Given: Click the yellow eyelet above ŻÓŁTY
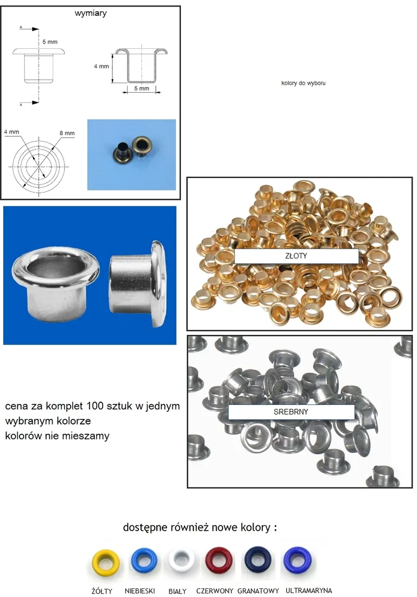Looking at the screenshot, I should pos(106,562).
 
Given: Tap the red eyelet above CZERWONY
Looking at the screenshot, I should pos(219,562).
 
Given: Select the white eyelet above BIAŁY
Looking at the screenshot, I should pos(181,562).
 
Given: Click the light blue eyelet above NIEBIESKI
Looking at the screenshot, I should pos(144,562).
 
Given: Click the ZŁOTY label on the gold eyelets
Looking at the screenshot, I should pos(296,256).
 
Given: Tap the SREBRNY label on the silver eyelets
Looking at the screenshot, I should pos(291,412).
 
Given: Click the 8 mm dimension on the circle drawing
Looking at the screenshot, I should pos(67,133).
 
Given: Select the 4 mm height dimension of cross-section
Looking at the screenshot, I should pos(101,66).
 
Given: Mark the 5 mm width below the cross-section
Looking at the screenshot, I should pos(141,88).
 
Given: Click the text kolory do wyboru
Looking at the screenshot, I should pos(304,84).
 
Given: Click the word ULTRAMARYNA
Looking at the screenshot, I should pos(307,590).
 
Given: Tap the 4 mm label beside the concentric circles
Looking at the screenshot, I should pos(11,132).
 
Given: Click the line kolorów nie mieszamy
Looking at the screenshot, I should pos(57,436).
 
